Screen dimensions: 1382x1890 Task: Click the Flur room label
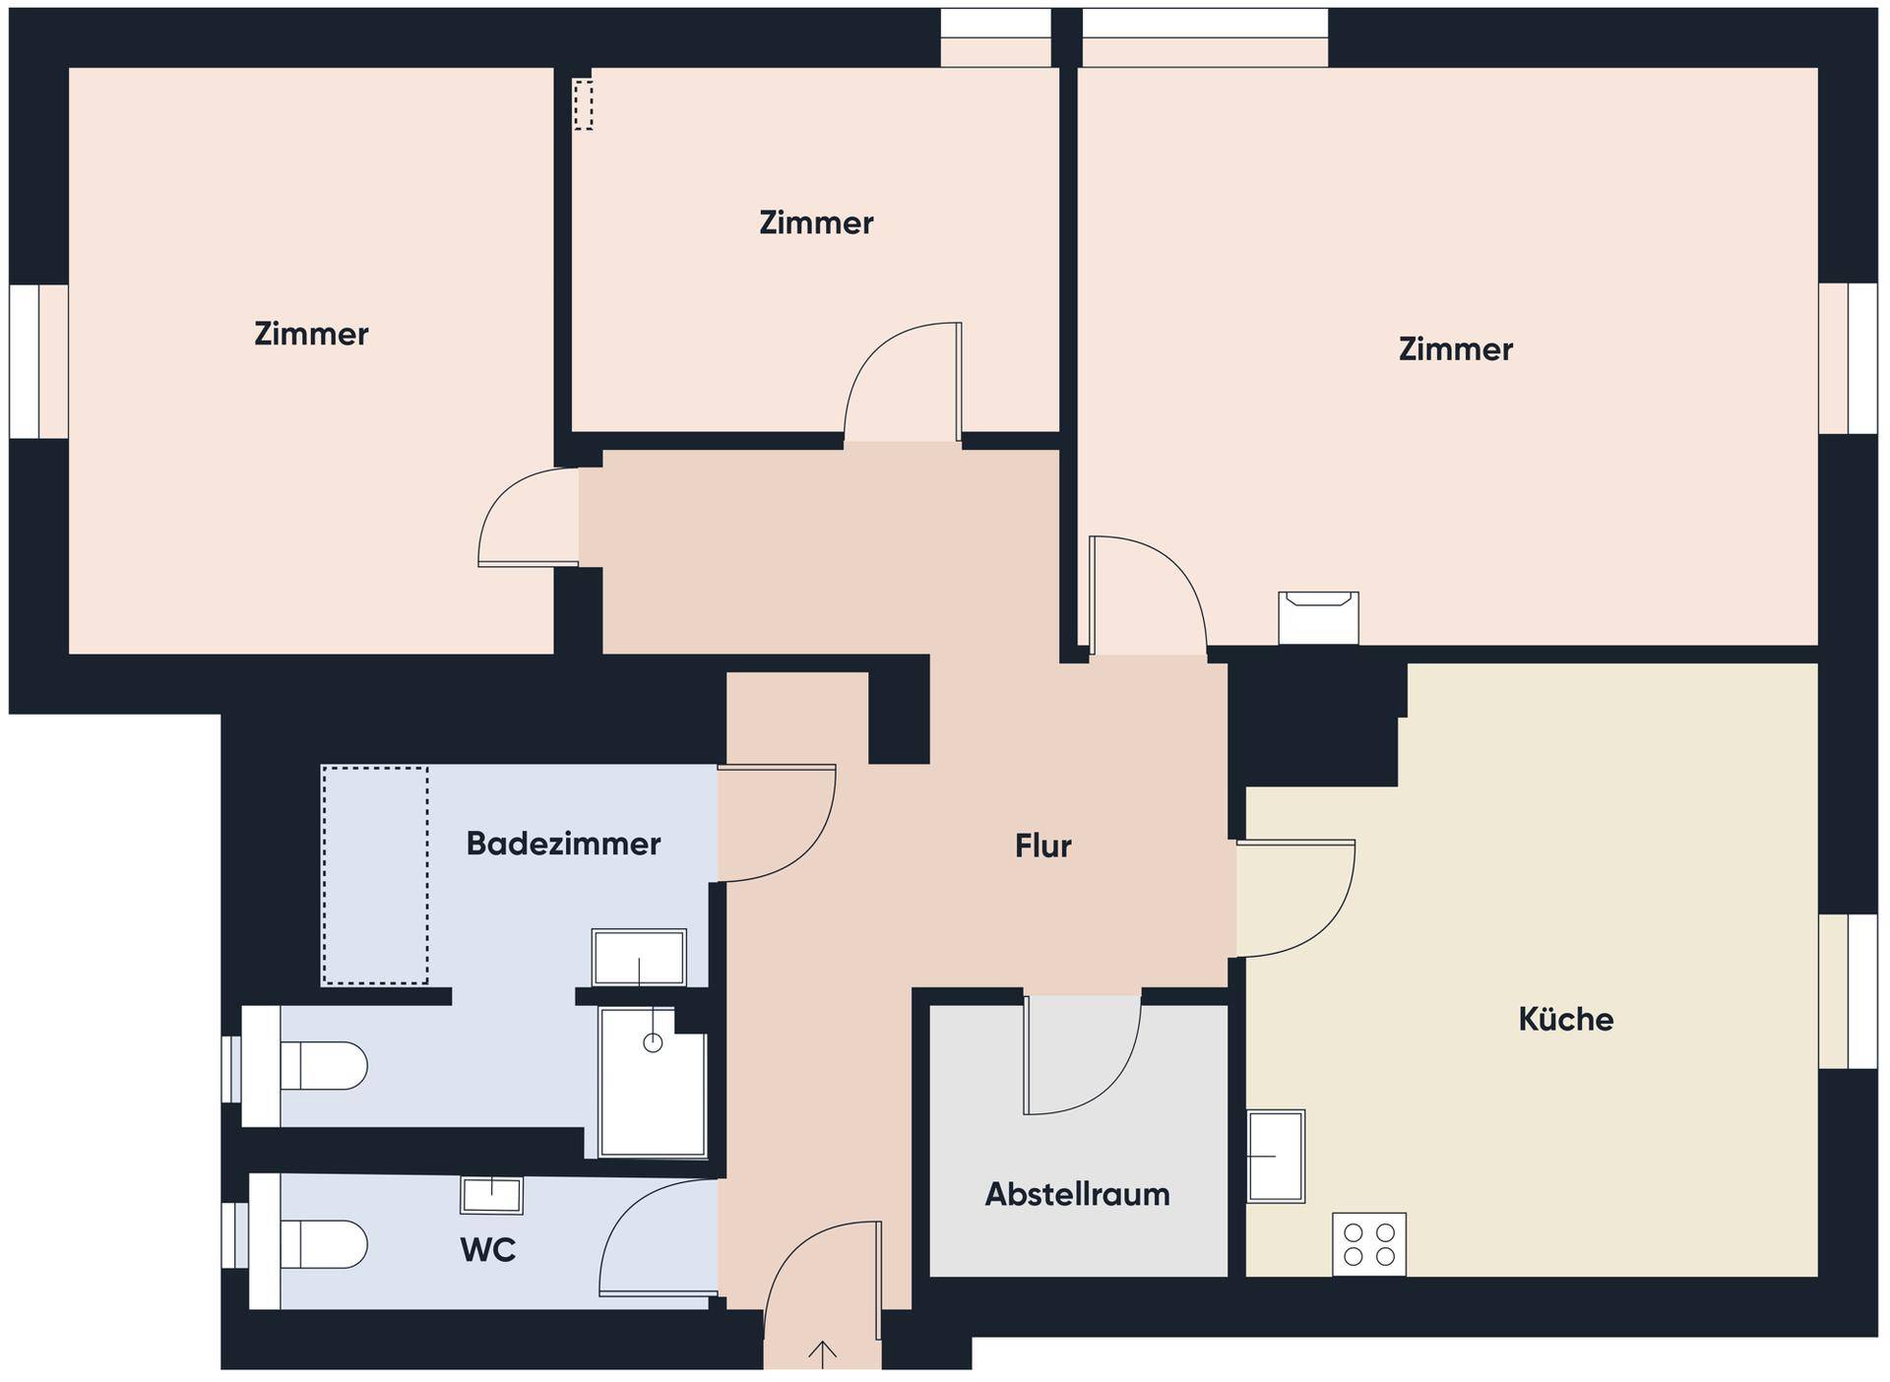tap(1042, 846)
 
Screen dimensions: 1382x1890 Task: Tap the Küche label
tap(1565, 1019)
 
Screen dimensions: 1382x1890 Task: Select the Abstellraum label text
tap(1077, 1194)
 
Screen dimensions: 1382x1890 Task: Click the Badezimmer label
tap(563, 844)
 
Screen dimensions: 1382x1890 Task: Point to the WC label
tap(487, 1250)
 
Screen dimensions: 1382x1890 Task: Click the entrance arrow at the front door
tap(822, 1354)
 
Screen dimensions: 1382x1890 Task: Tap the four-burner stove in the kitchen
tap(1369, 1244)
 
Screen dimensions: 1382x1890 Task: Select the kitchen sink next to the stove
tap(1276, 1157)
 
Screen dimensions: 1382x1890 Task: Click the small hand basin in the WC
tap(491, 1195)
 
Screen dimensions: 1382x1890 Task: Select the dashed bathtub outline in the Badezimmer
tap(375, 875)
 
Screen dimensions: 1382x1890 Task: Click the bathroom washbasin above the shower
tap(639, 957)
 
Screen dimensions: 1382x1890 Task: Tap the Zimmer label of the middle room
tap(816, 223)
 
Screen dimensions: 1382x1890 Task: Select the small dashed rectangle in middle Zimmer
tap(584, 104)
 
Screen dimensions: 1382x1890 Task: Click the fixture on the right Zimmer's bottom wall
tap(1318, 617)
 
